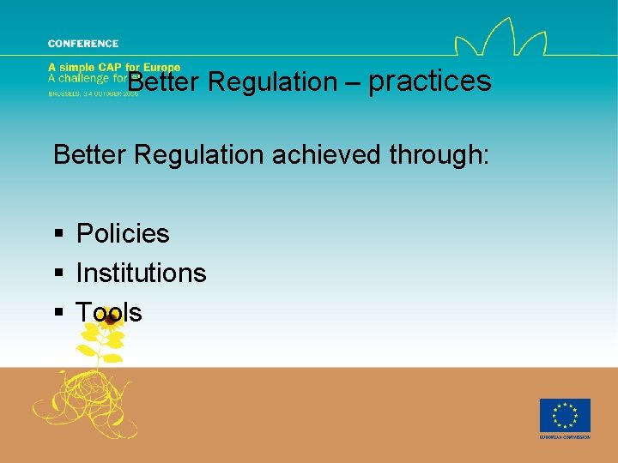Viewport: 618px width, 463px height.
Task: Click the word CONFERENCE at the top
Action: pos(83,44)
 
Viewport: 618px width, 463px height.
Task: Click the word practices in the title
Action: pos(429,81)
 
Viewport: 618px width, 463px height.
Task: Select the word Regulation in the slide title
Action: pos(272,82)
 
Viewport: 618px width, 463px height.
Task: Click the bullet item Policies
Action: pos(123,233)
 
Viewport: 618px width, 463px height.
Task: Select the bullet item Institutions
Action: pos(141,273)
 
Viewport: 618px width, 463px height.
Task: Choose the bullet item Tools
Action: pos(109,312)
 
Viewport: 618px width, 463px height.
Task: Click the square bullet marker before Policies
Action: pos(58,234)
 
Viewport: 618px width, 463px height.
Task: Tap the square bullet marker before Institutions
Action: pos(58,274)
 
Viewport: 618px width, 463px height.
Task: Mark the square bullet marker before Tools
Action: pos(58,313)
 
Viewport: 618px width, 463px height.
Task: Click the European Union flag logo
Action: pos(564,416)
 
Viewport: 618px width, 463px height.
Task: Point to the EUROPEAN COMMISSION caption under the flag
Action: pos(564,437)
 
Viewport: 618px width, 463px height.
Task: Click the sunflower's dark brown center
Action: pos(110,320)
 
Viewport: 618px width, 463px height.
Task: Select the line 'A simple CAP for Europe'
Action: pos(114,68)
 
